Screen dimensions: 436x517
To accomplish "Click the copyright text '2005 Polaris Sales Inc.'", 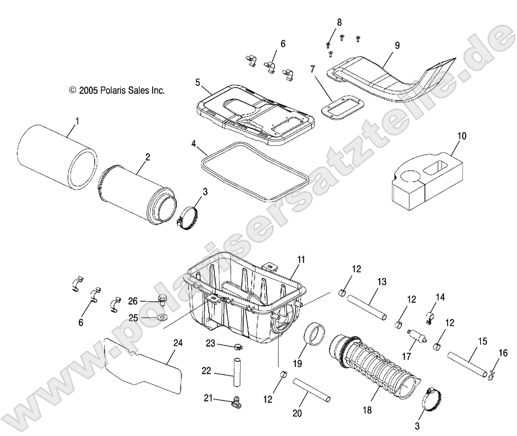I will pyautogui.click(x=117, y=91).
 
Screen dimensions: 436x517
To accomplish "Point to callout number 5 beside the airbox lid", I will pyautogui.click(x=197, y=83).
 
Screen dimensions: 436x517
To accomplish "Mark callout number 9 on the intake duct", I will pyautogui.click(x=397, y=45).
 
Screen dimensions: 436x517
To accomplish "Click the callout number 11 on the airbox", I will pyautogui.click(x=301, y=260).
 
